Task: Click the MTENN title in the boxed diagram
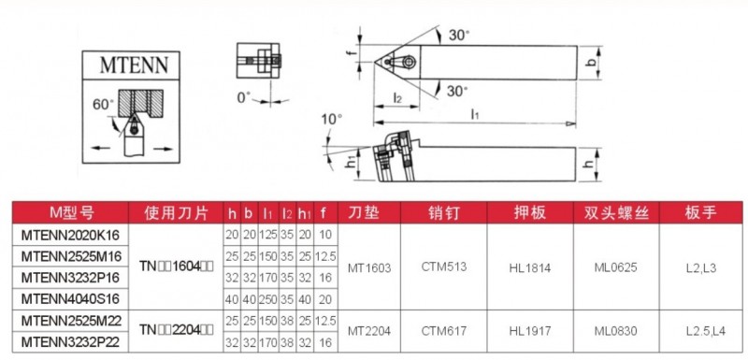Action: point(134,65)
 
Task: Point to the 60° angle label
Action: point(104,105)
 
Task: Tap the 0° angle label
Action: point(243,97)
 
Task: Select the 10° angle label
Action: point(332,119)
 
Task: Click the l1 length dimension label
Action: point(475,113)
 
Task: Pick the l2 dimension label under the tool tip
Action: point(396,97)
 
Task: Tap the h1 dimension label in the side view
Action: point(350,163)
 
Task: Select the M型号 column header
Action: point(72,212)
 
